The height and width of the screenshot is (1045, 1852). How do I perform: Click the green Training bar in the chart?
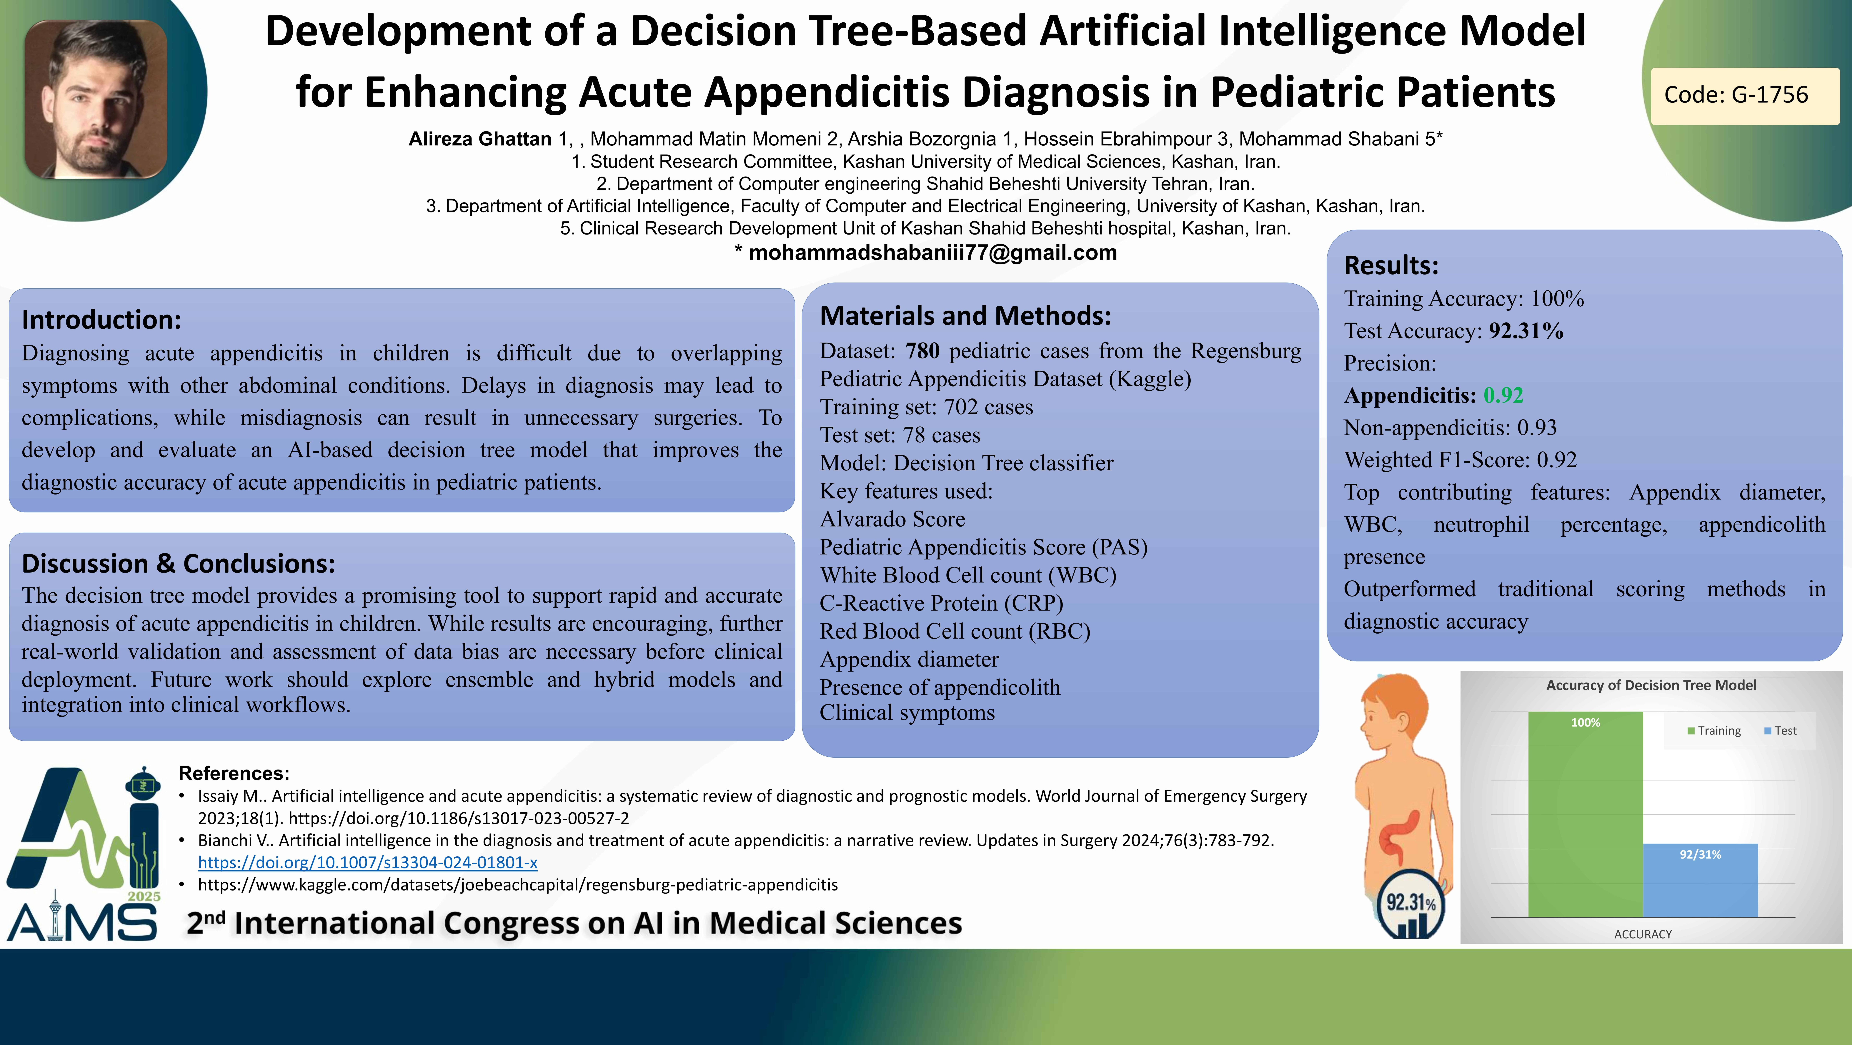(x=1585, y=814)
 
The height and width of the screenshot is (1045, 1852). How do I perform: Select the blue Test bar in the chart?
(x=1700, y=880)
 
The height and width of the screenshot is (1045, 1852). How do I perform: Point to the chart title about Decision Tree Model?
(x=1651, y=685)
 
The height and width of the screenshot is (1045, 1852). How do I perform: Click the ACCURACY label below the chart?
(x=1643, y=934)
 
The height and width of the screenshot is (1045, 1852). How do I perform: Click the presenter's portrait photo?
(x=96, y=99)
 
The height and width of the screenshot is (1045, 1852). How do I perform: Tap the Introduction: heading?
(x=101, y=319)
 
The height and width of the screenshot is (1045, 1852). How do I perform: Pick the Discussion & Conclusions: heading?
(x=178, y=563)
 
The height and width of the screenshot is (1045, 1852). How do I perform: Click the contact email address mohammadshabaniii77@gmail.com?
(x=932, y=252)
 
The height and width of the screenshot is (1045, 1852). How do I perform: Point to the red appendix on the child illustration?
(x=1398, y=838)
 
